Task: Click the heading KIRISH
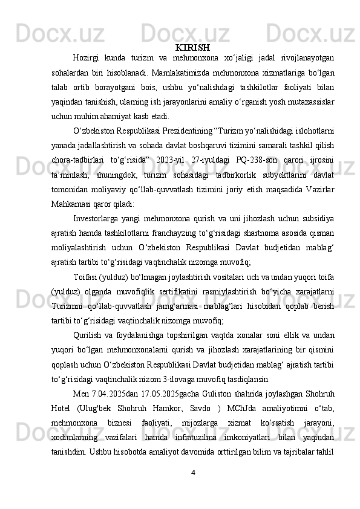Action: point(193,47)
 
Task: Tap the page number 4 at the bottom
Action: point(192,472)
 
